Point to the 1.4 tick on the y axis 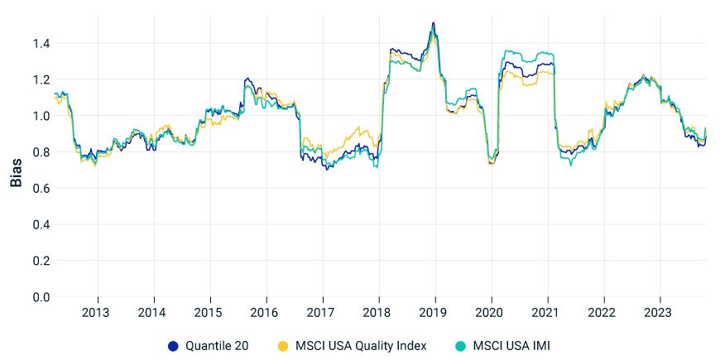[41, 43]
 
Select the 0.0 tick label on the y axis [41, 297]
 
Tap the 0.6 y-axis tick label [41, 189]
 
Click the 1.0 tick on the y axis [41, 116]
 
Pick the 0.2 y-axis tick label [41, 261]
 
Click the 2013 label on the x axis [98, 314]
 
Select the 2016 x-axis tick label [266, 314]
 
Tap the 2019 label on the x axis [434, 314]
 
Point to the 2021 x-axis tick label [547, 314]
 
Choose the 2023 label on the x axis [659, 314]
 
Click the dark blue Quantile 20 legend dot [173, 345]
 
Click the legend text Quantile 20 [218, 345]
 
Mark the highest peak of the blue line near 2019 [433, 22]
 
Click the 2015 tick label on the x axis [209, 314]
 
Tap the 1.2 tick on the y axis [41, 79]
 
